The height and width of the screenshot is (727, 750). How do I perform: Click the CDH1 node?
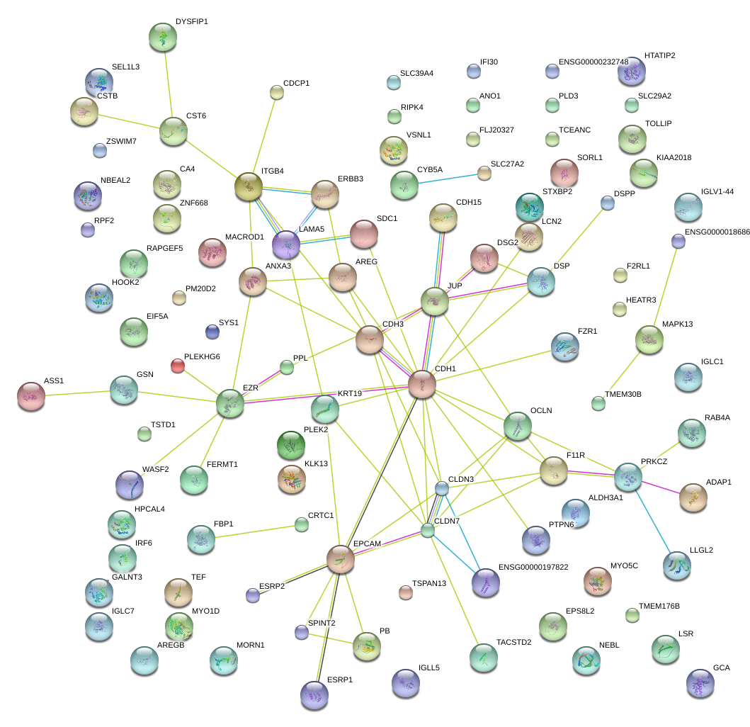click(422, 385)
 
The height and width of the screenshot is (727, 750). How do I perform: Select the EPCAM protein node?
click(341, 559)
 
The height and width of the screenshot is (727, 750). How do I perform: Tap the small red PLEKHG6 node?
click(178, 366)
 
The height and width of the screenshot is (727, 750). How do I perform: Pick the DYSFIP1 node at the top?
click(164, 37)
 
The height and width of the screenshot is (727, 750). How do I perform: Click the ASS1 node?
click(31, 396)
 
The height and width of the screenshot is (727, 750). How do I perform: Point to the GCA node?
click(700, 683)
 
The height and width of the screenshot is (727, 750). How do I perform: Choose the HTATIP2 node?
click(631, 71)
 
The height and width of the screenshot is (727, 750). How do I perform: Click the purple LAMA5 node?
click(286, 244)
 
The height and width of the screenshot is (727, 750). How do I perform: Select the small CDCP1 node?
click(277, 91)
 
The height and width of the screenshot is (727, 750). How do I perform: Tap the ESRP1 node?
click(314, 695)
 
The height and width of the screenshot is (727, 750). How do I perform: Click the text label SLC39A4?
click(416, 73)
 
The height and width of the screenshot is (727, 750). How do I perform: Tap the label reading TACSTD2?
click(515, 641)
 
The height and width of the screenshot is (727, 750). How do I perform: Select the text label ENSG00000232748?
click(593, 62)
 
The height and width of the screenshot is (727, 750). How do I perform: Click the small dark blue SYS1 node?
click(212, 331)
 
